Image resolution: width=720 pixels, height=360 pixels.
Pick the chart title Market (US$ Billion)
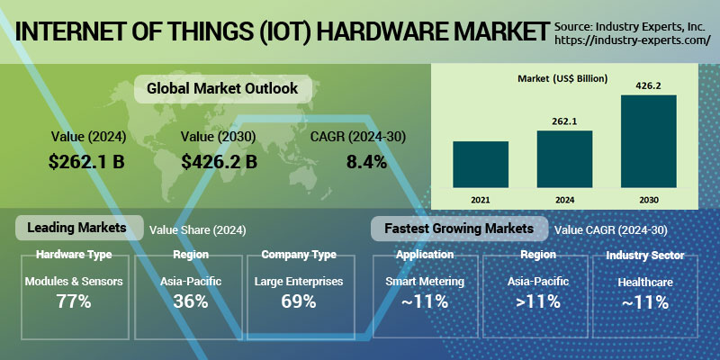tap(562, 79)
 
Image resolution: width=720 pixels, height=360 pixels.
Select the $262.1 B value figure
tap(87, 162)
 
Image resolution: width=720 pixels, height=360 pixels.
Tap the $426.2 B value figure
tap(219, 162)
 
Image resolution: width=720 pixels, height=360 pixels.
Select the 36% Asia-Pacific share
tap(190, 301)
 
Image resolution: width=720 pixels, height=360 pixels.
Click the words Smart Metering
tap(424, 282)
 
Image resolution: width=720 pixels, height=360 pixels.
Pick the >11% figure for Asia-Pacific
tap(536, 301)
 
